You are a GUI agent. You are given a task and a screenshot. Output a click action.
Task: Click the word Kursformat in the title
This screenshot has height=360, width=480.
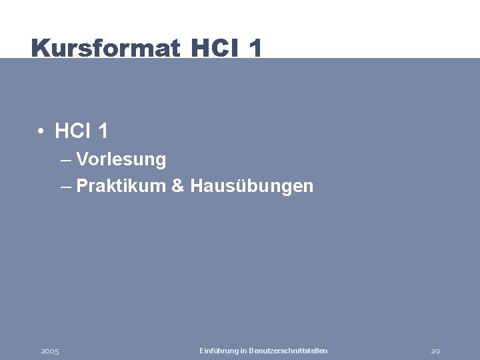[x=105, y=48]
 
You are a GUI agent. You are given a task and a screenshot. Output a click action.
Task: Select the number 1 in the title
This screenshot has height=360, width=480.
[x=255, y=48]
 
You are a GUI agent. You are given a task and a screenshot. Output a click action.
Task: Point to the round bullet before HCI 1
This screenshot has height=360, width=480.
[x=41, y=132]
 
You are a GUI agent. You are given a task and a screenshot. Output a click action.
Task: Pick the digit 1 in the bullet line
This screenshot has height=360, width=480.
[x=103, y=132]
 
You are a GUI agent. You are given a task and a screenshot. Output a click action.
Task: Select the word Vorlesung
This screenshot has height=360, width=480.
[x=121, y=160]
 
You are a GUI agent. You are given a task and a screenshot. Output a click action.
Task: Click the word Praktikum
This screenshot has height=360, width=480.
[x=121, y=186]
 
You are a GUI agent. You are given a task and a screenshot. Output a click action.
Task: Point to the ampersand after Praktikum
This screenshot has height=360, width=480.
[x=177, y=186]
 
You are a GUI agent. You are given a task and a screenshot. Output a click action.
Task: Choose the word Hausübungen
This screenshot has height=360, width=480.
[x=251, y=186]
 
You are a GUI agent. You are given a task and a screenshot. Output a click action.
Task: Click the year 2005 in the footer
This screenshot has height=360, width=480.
[x=50, y=351]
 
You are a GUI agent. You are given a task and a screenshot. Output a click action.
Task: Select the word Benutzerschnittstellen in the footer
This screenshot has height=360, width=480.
[x=288, y=351]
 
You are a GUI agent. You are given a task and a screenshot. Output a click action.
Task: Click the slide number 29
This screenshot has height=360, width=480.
[x=436, y=351]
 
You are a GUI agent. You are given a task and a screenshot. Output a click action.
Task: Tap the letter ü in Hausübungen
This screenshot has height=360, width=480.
[x=236, y=186]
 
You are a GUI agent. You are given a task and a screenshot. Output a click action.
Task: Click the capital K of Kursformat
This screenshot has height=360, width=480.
[x=39, y=48]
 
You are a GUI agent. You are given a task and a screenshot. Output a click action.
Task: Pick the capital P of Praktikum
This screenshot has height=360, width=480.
[x=82, y=186]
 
